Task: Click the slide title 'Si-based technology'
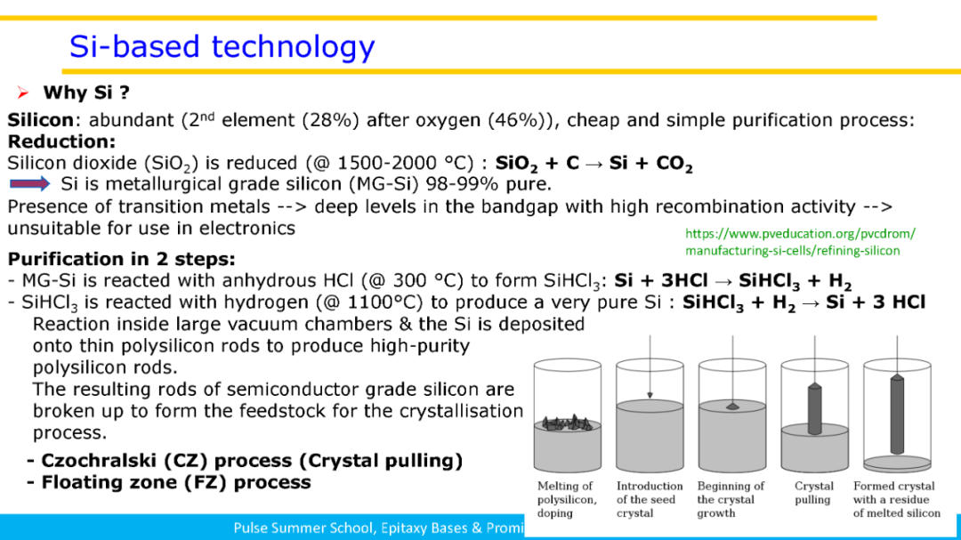tap(222, 47)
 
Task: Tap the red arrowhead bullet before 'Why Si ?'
tap(23, 93)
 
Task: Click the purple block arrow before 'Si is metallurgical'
tap(29, 183)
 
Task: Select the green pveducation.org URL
tap(800, 242)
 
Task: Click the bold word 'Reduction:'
tap(61, 141)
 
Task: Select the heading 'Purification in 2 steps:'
tap(121, 259)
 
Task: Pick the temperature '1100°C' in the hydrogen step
tap(381, 302)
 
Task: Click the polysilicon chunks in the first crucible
tap(566, 423)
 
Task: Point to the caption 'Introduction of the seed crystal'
tap(649, 500)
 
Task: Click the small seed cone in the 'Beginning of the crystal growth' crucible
tap(732, 406)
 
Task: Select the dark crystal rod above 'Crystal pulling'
tap(814, 409)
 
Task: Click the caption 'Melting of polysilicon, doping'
tap(566, 500)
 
